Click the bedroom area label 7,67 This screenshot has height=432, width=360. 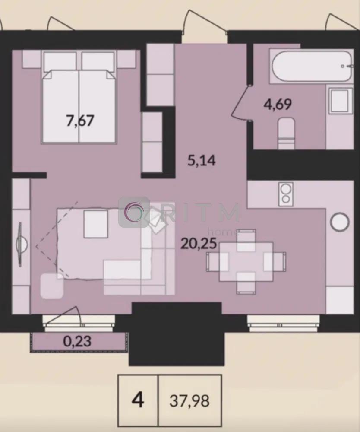80,121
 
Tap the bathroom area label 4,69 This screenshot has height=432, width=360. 278,105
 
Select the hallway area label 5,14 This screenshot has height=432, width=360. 201,160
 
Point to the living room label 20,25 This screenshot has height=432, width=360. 199,243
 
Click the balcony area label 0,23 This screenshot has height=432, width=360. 77,342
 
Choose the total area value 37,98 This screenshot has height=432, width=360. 189,401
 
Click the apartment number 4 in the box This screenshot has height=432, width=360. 138,400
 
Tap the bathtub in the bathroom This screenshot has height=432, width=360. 312,66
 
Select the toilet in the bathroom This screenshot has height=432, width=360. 286,133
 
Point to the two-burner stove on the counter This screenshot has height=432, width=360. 286,194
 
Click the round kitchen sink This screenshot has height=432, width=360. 340,222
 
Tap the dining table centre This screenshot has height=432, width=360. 246,261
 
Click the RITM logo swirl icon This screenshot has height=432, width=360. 134,212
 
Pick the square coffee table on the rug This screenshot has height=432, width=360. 95,223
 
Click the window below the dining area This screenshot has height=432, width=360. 284,323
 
